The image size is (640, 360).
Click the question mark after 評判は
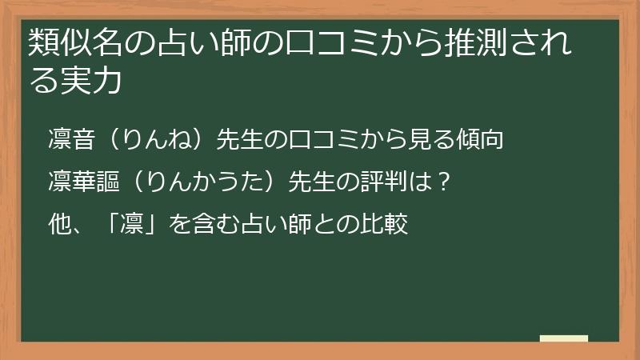pos(446,182)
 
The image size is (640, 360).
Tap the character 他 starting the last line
pos(59,224)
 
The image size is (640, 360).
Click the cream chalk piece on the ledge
pos(564,339)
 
